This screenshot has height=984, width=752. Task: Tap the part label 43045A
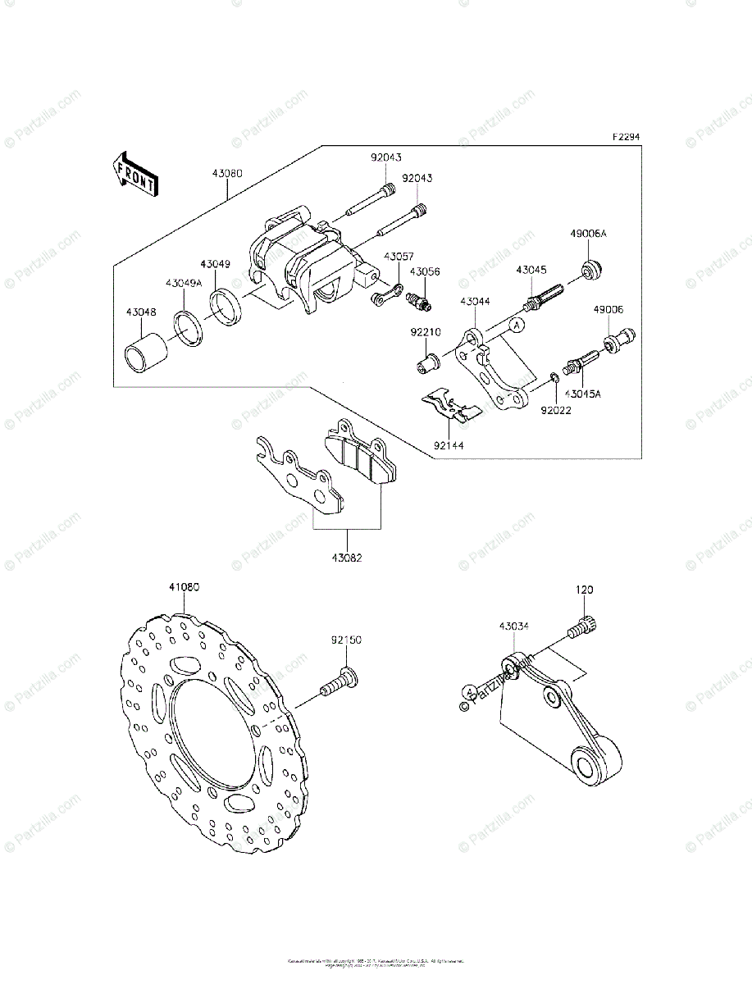(x=582, y=394)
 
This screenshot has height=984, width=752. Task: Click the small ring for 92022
(x=555, y=377)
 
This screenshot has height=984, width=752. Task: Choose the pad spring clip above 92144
(x=450, y=408)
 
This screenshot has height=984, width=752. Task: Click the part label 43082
(x=347, y=558)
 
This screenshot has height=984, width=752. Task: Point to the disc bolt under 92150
(x=340, y=682)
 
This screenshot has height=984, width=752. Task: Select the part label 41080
(x=185, y=587)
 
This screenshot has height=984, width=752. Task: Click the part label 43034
(x=514, y=626)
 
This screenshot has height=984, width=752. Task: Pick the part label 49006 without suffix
(x=608, y=310)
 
